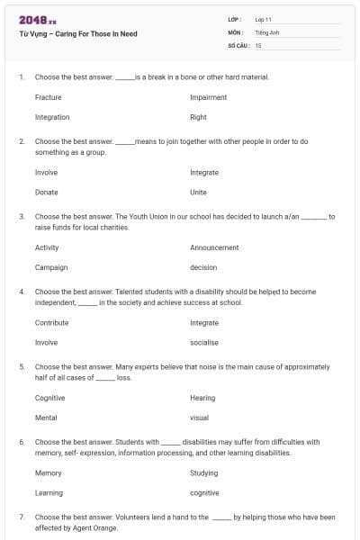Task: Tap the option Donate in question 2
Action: [46, 193]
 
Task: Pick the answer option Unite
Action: [198, 193]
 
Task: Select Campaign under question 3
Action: [50, 267]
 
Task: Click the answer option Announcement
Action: [214, 247]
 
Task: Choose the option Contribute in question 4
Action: [51, 322]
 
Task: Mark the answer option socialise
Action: [204, 343]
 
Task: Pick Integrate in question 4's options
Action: [204, 322]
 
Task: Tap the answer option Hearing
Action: [202, 398]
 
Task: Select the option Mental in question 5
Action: [46, 418]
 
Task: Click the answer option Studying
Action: [203, 472]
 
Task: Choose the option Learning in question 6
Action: [49, 493]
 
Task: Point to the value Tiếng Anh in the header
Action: [266, 31]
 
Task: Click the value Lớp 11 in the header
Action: [263, 19]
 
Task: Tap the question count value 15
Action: [258, 44]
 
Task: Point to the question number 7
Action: [21, 517]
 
